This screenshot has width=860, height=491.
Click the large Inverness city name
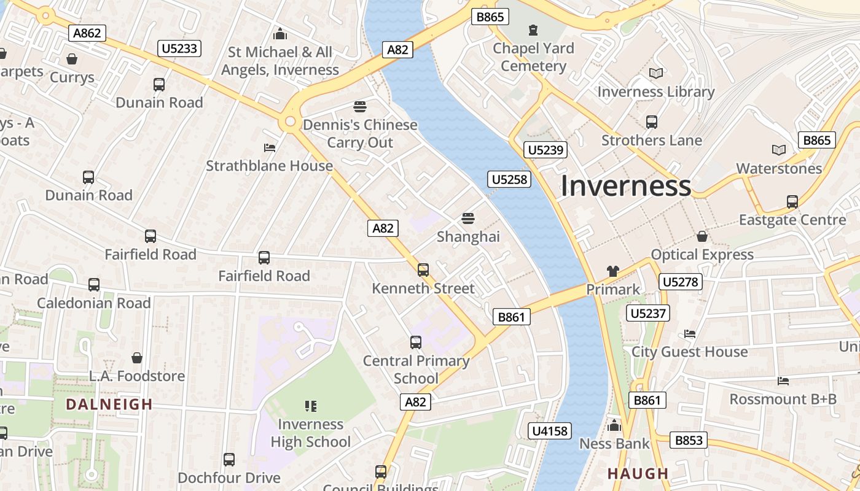point(625,186)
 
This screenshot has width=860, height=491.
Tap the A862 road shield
point(87,33)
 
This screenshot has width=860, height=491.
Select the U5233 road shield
point(179,48)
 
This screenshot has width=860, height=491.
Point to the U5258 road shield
point(509,179)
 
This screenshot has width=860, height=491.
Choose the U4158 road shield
point(550,431)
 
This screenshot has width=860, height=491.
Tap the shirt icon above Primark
point(612,271)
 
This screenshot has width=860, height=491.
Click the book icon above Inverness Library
point(656,74)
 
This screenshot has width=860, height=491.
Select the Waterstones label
point(779,168)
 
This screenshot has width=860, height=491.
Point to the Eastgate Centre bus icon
point(792,201)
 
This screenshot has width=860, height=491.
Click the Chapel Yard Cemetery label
point(533,57)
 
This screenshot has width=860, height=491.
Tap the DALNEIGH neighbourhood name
point(109,404)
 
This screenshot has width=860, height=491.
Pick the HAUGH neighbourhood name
point(638,474)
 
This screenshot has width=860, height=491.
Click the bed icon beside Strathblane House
point(269,148)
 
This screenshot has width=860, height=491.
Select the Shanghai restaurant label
point(468,236)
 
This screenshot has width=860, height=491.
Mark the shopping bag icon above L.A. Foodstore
point(137,358)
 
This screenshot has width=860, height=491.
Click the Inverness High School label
point(311,433)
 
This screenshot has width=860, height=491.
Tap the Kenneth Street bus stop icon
point(423,269)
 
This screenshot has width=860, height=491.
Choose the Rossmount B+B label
point(783,399)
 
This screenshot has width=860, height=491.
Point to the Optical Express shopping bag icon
point(702,236)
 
